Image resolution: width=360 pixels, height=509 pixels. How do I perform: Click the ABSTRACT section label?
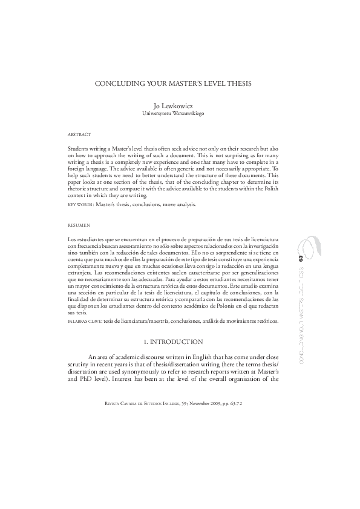[79, 134]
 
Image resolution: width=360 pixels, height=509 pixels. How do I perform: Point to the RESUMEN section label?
[79, 225]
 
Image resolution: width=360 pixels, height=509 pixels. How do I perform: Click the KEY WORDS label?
[80, 204]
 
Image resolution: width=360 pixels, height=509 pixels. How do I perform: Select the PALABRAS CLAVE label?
[84, 322]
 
